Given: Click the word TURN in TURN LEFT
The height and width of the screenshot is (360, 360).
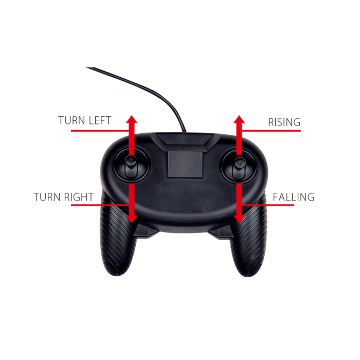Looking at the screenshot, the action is (71, 120).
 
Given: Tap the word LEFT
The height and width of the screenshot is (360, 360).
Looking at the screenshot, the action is (100, 120).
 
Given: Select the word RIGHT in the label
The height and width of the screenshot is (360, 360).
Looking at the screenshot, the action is (79, 197).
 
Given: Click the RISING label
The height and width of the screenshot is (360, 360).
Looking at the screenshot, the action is (284, 122).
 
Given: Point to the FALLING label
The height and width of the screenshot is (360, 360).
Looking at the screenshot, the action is (294, 197).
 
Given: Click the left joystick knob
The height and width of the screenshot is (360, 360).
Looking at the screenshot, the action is (131, 162).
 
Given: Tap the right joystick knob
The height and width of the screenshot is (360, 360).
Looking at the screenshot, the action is (240, 164).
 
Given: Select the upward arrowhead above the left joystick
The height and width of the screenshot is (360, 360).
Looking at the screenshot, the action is (132, 119).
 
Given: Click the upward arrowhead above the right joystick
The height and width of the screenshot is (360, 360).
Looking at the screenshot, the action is (239, 119).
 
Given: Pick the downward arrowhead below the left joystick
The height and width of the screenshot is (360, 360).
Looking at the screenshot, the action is (132, 219).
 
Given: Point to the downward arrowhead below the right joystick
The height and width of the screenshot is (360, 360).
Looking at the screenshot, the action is (239, 219).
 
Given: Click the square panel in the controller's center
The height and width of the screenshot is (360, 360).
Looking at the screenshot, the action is (185, 165).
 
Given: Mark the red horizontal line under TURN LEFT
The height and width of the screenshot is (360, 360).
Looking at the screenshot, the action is (100, 131).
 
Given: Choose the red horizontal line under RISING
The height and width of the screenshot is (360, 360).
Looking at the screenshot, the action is (272, 131).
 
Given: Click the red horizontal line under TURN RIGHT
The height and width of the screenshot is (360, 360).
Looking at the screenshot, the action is (100, 205).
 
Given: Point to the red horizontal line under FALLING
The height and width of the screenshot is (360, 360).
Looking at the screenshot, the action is (268, 205).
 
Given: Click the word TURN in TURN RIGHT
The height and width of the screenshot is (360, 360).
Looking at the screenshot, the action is (47, 197).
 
